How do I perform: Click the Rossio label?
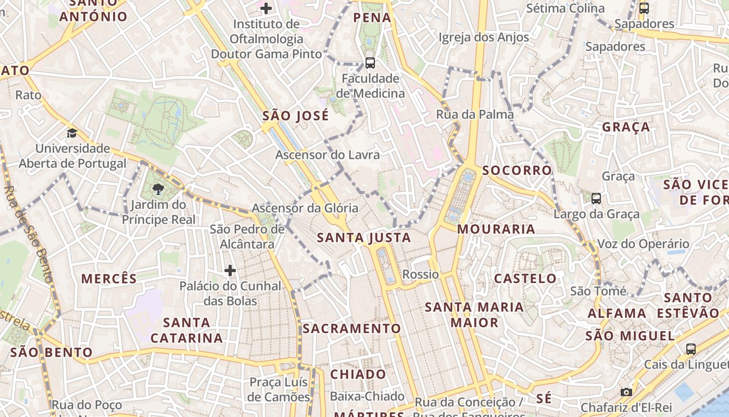421,274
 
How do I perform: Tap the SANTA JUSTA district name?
364,238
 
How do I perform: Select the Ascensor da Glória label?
305,208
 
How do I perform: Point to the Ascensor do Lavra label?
328,155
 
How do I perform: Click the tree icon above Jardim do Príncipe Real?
158,189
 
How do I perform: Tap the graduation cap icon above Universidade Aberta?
72,133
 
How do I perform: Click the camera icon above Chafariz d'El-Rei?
626,392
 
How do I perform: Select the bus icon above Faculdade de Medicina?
370,63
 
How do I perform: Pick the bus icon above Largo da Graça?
596,199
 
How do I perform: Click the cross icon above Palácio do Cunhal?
230,271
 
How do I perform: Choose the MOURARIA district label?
496,229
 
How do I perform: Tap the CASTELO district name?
525,278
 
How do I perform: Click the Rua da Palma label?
475,114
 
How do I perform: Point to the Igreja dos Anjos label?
484,37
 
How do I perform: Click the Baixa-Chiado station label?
367,396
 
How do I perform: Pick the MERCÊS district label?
109,278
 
